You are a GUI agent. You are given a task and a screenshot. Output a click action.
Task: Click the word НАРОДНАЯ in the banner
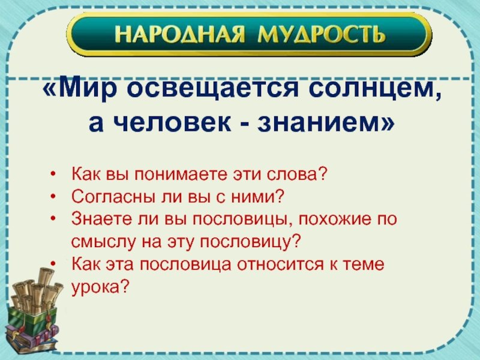pyautogui.click(x=179, y=34)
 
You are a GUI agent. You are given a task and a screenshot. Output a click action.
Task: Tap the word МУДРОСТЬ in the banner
pyautogui.click(x=321, y=34)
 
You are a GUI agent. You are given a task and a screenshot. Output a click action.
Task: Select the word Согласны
pyautogui.click(x=114, y=197)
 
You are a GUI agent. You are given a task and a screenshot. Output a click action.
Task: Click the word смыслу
pyautogui.click(x=103, y=242)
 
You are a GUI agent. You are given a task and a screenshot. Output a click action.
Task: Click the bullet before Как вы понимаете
pyautogui.click(x=53, y=174)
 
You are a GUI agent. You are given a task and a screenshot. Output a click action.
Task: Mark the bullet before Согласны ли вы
pyautogui.click(x=53, y=197)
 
